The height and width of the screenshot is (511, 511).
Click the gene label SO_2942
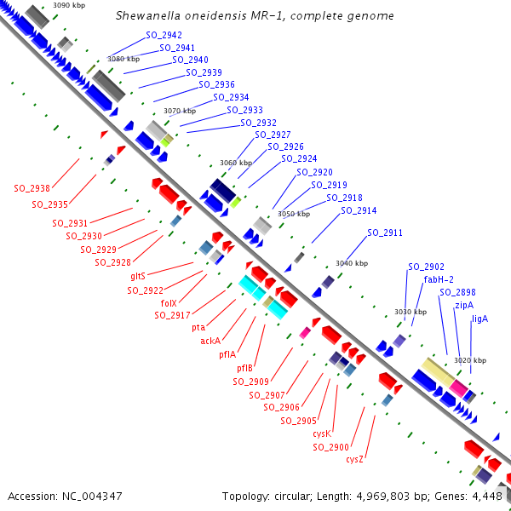tap(164, 35)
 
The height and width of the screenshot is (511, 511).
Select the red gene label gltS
tap(138, 276)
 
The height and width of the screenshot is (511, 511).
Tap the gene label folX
tap(168, 302)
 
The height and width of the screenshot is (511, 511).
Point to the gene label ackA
tap(210, 341)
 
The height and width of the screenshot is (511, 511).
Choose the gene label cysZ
tap(355, 460)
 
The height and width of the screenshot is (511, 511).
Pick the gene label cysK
tap(322, 433)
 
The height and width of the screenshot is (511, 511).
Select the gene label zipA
tap(464, 305)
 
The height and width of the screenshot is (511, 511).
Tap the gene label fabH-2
tap(439, 279)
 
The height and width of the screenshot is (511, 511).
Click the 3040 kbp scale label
tap(352, 263)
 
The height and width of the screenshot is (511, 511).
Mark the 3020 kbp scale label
tap(470, 361)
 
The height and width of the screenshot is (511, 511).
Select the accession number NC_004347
tap(91, 495)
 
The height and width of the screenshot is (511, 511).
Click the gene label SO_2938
tap(32, 188)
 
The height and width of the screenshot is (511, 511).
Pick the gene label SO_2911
tap(385, 233)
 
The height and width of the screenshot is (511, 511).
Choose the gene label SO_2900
tap(332, 447)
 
